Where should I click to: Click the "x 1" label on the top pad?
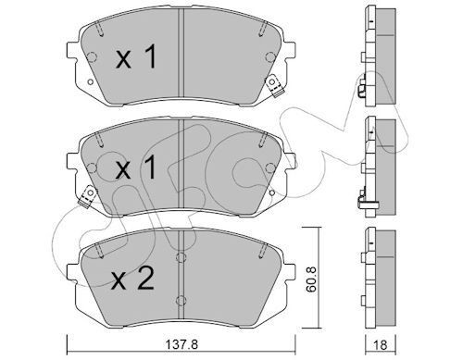[x=137, y=59]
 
